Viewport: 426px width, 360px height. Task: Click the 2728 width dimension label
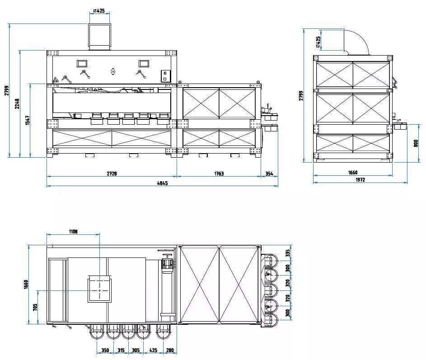(x=112, y=173)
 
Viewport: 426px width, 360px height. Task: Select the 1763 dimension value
(x=219, y=173)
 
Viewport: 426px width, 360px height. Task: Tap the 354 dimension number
(x=269, y=173)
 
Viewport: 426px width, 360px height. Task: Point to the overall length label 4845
(x=162, y=183)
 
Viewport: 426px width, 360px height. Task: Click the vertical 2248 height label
(x=17, y=103)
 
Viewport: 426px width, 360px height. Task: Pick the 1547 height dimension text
(x=28, y=120)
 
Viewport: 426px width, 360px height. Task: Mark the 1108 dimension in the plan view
(x=73, y=231)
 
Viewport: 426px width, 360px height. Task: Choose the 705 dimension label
(x=35, y=307)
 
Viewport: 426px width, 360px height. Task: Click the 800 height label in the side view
(x=416, y=143)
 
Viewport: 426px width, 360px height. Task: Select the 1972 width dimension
(x=360, y=180)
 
